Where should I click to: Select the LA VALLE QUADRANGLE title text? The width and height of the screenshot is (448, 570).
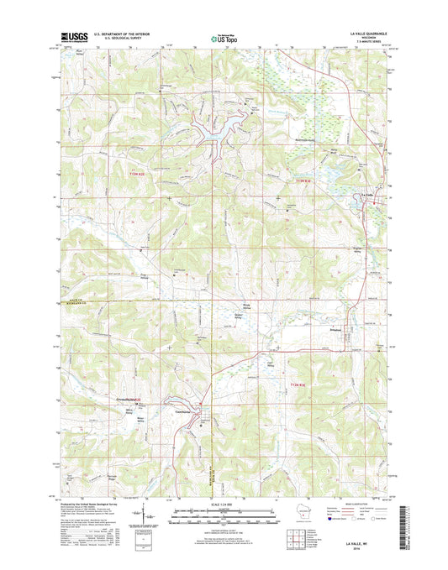[x=368, y=29]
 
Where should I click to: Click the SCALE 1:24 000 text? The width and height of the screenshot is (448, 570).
[x=223, y=505]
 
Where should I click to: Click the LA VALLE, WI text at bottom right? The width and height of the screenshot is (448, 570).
[x=368, y=544]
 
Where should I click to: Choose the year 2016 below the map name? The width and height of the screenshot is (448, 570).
[x=368, y=550]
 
